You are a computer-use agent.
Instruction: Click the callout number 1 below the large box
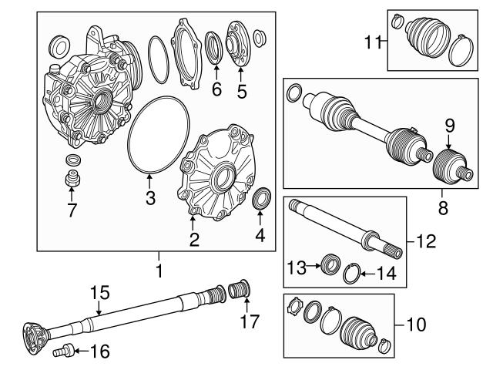159,271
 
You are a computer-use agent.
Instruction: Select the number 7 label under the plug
72,209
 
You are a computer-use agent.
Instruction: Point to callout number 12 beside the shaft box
425,241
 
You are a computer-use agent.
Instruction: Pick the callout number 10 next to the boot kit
414,325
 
